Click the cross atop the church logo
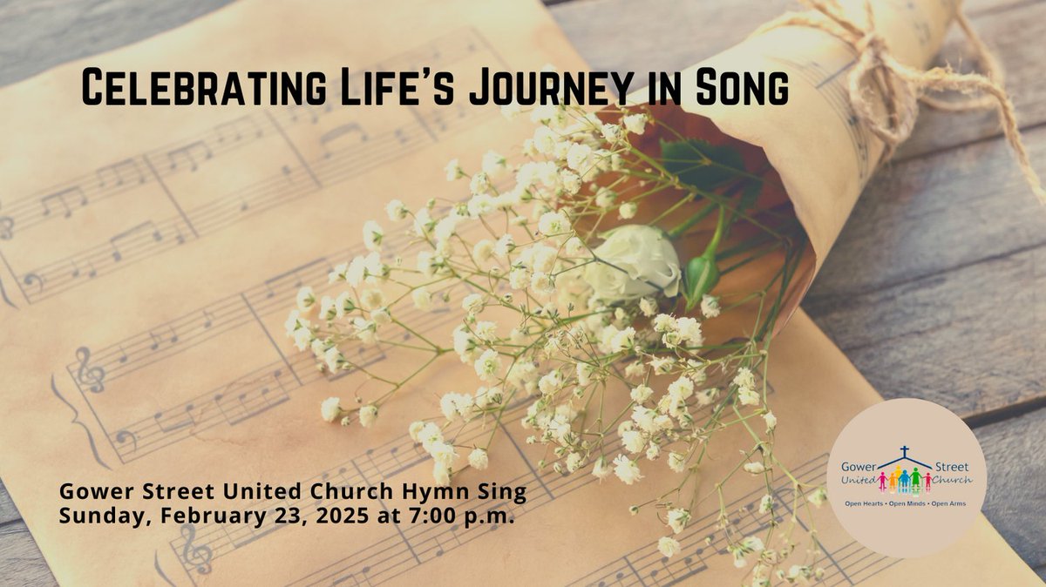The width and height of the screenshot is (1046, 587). click(905, 452)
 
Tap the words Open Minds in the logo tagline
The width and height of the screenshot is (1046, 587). click(907, 504)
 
